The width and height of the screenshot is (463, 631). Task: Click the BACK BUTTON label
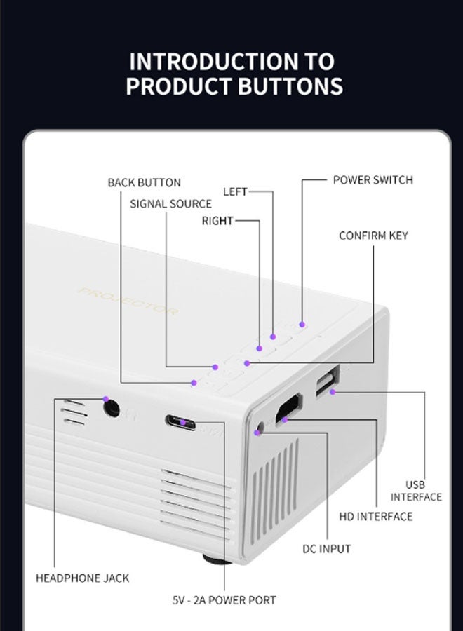[144, 183]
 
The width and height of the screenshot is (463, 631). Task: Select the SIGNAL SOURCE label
[170, 204]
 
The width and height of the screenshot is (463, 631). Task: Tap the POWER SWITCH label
[373, 180]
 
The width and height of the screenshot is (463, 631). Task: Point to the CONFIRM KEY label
[373, 236]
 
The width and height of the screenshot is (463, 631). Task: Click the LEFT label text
[235, 191]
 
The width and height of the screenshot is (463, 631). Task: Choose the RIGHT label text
[217, 221]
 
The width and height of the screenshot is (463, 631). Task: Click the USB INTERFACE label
[416, 491]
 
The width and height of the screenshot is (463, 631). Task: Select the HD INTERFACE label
[376, 517]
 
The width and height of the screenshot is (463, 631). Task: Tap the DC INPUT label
[326, 548]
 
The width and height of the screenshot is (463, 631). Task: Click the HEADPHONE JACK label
[82, 578]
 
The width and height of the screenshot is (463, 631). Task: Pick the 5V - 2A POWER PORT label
[224, 600]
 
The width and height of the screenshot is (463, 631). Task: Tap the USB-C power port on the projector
[181, 422]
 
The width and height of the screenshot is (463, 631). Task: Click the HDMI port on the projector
[288, 409]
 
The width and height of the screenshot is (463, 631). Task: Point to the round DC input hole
[262, 427]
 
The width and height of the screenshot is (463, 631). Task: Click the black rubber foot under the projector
[217, 559]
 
